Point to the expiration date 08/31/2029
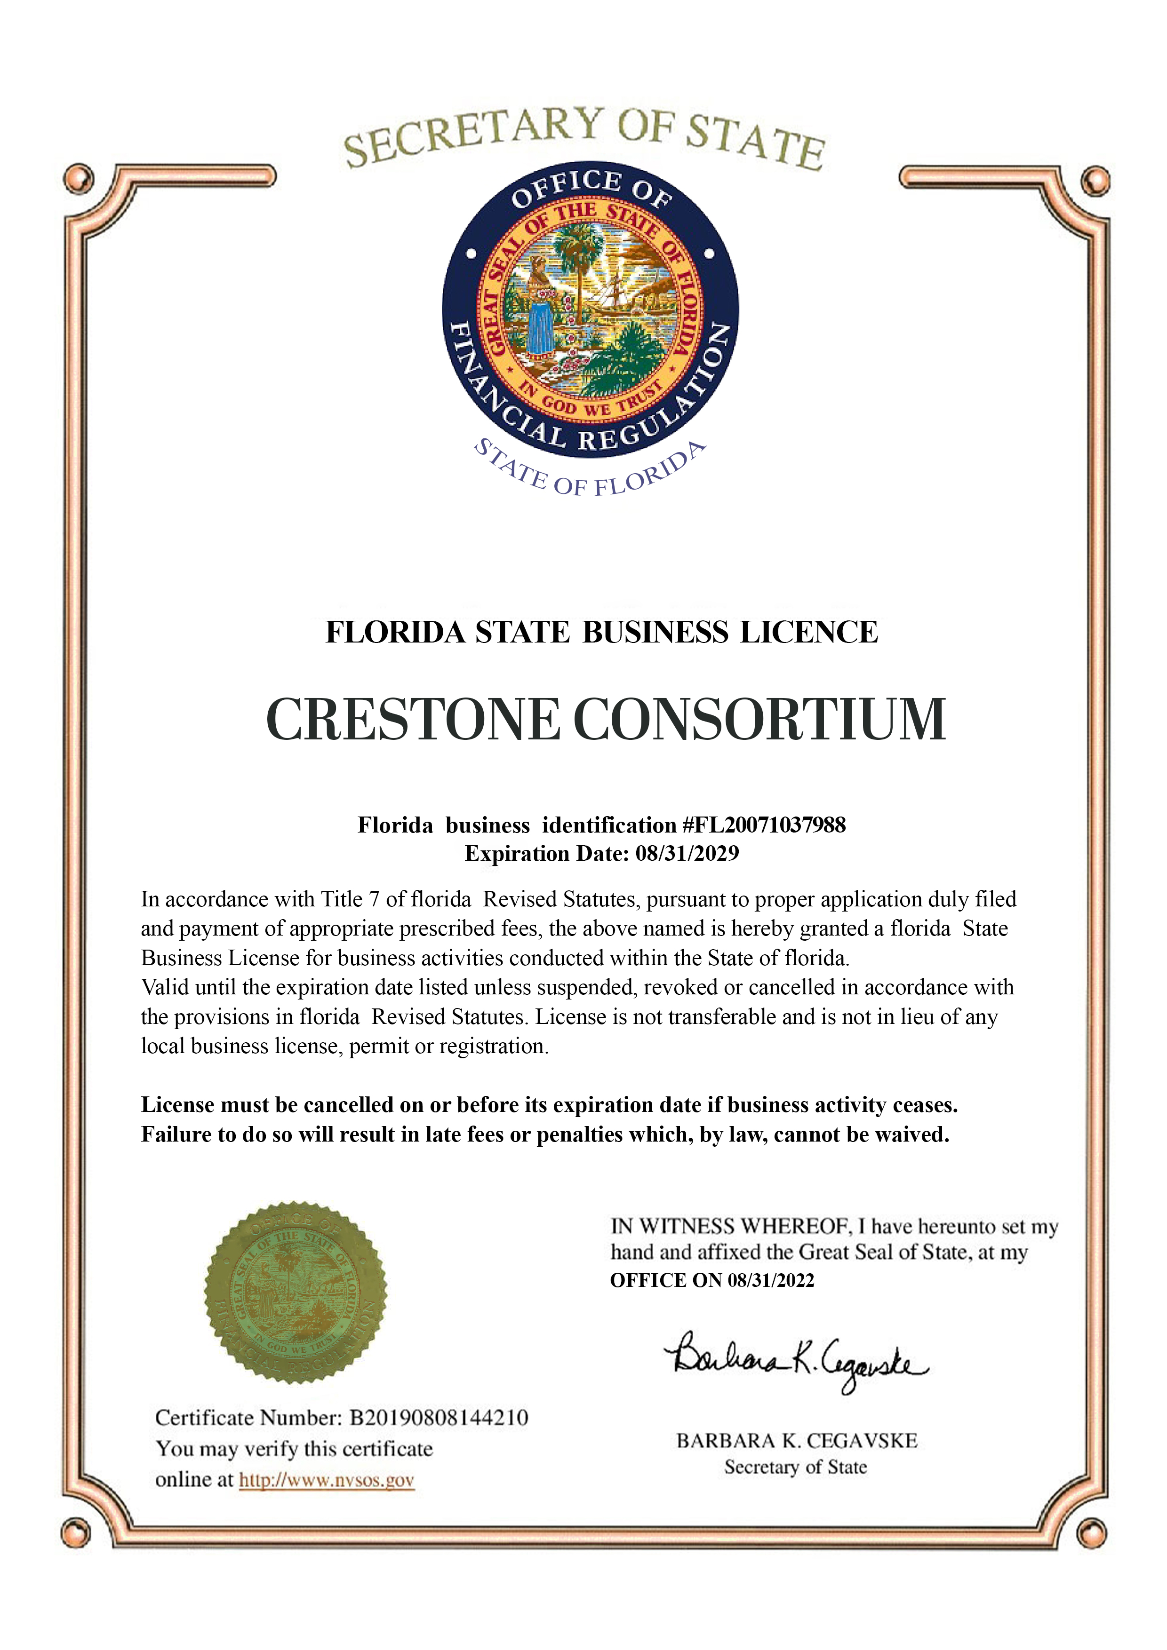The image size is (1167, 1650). click(687, 854)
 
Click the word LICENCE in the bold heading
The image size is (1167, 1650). click(809, 633)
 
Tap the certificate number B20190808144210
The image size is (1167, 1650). click(439, 1418)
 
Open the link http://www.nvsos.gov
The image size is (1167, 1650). click(327, 1480)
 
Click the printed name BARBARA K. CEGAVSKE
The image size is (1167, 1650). click(797, 1441)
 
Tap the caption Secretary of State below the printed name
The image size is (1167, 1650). click(795, 1467)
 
